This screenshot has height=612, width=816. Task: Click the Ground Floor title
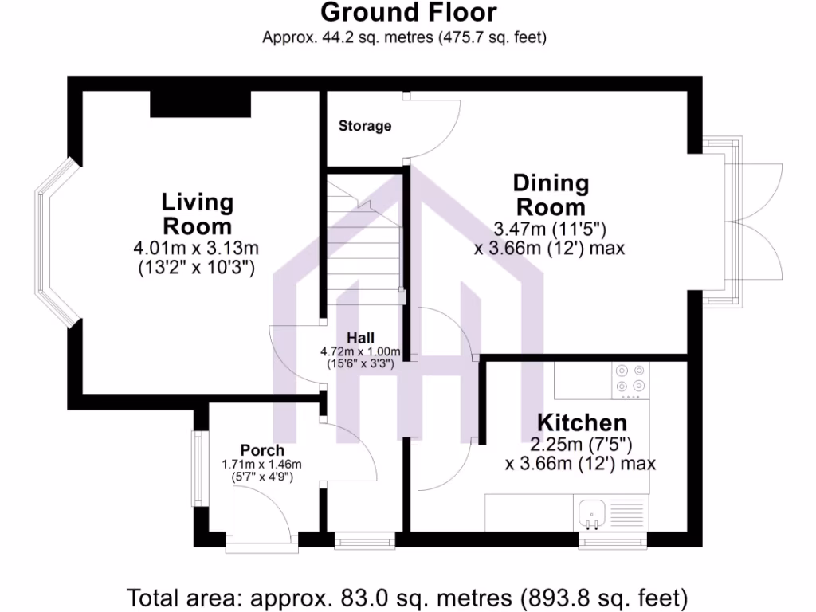[x=408, y=13]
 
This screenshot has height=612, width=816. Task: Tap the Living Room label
[x=198, y=214]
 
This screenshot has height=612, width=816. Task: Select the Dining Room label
[x=551, y=195]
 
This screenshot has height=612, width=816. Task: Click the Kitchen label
[x=582, y=422]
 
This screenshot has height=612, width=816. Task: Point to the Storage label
[x=365, y=126]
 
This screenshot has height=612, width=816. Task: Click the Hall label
[x=360, y=338]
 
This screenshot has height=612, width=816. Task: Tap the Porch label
[x=262, y=451]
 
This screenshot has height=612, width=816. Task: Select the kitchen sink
[x=591, y=512]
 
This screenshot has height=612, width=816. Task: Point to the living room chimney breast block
[x=201, y=103]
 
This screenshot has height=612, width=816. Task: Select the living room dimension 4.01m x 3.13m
[x=197, y=249]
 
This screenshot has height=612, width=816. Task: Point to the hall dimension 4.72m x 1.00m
[x=360, y=351]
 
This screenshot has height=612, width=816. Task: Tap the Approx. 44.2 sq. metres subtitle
[x=404, y=37]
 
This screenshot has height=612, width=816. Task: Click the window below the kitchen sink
[x=612, y=542]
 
